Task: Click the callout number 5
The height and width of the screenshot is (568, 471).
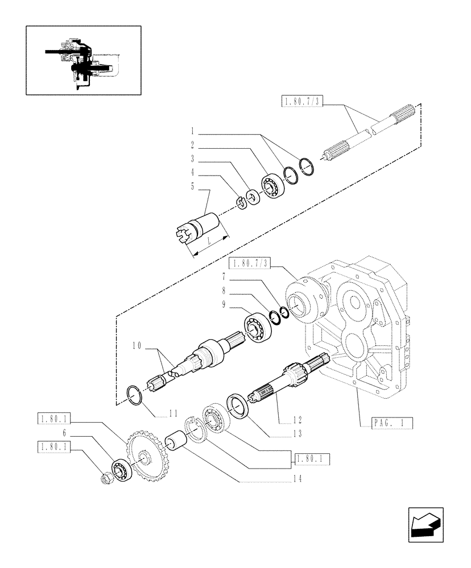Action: [193, 186]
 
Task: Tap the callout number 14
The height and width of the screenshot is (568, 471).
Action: [297, 479]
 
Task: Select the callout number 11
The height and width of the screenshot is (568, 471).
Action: [172, 414]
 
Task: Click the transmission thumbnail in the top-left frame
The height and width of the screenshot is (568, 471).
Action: [83, 60]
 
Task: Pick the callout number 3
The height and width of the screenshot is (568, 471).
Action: [193, 158]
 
